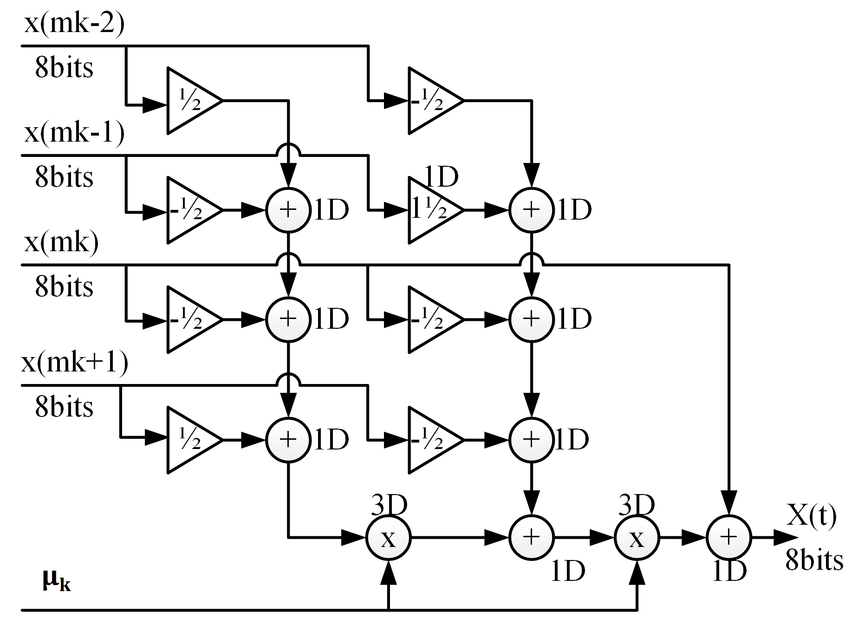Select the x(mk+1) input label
tap(74, 363)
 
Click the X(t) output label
tap(812, 515)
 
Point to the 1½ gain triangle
tap(432, 210)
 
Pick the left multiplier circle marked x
tap(388, 538)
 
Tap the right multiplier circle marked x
tap(637, 538)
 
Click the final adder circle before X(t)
tap(728, 538)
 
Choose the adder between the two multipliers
tap(531, 538)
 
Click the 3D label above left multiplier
tap(389, 505)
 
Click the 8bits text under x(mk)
tap(64, 286)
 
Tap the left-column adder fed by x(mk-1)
tap(288, 210)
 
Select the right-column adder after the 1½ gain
tap(531, 210)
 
